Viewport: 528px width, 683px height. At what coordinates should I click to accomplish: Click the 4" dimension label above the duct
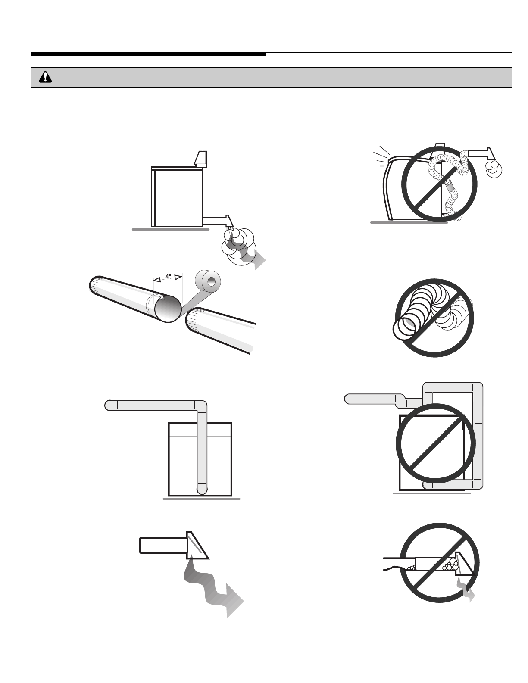coord(168,277)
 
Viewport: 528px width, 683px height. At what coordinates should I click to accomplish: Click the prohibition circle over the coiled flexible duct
coord(434,318)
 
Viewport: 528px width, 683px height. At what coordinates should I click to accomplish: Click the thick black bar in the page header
coord(148,54)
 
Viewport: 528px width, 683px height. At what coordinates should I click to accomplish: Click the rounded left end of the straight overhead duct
coord(109,405)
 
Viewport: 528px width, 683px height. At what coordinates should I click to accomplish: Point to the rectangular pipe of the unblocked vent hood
coord(162,545)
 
